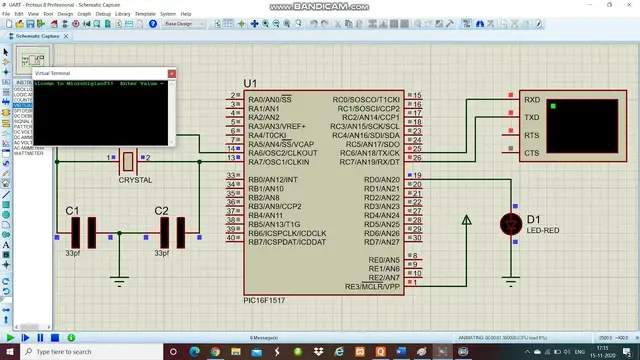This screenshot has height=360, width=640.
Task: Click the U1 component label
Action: tap(250, 83)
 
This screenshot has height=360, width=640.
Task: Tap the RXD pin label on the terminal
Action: tap(532, 100)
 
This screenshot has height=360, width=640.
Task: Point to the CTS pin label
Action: tap(532, 153)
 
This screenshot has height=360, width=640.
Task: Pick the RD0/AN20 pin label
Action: tap(381, 179)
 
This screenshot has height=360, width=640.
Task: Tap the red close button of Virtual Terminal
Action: tap(170, 74)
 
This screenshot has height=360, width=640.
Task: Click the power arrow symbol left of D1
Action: tap(466, 221)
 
